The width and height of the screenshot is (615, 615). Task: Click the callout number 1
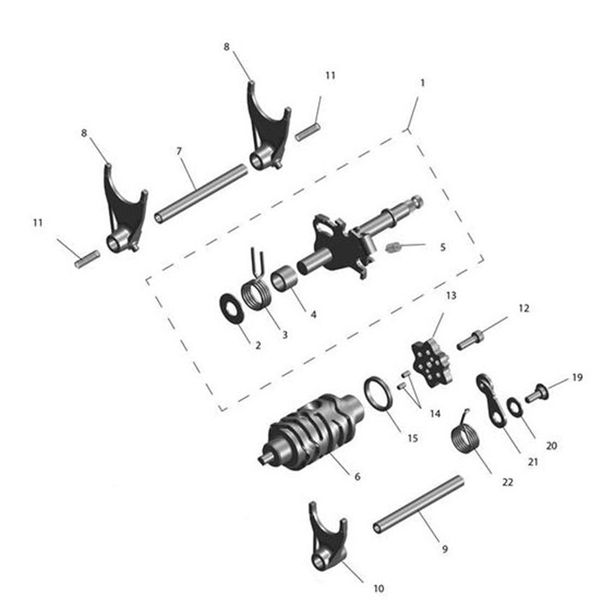coord(422,83)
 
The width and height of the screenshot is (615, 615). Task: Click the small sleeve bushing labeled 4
coord(284,280)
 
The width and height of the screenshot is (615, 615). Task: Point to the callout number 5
coord(443,248)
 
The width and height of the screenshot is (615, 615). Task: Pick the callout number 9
coord(444,549)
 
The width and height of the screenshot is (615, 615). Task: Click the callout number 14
coord(435,414)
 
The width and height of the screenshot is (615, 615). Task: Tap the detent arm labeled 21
coord(491,399)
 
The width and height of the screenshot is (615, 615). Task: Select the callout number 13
coord(451,296)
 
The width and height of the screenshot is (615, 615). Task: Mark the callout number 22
coord(507,483)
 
